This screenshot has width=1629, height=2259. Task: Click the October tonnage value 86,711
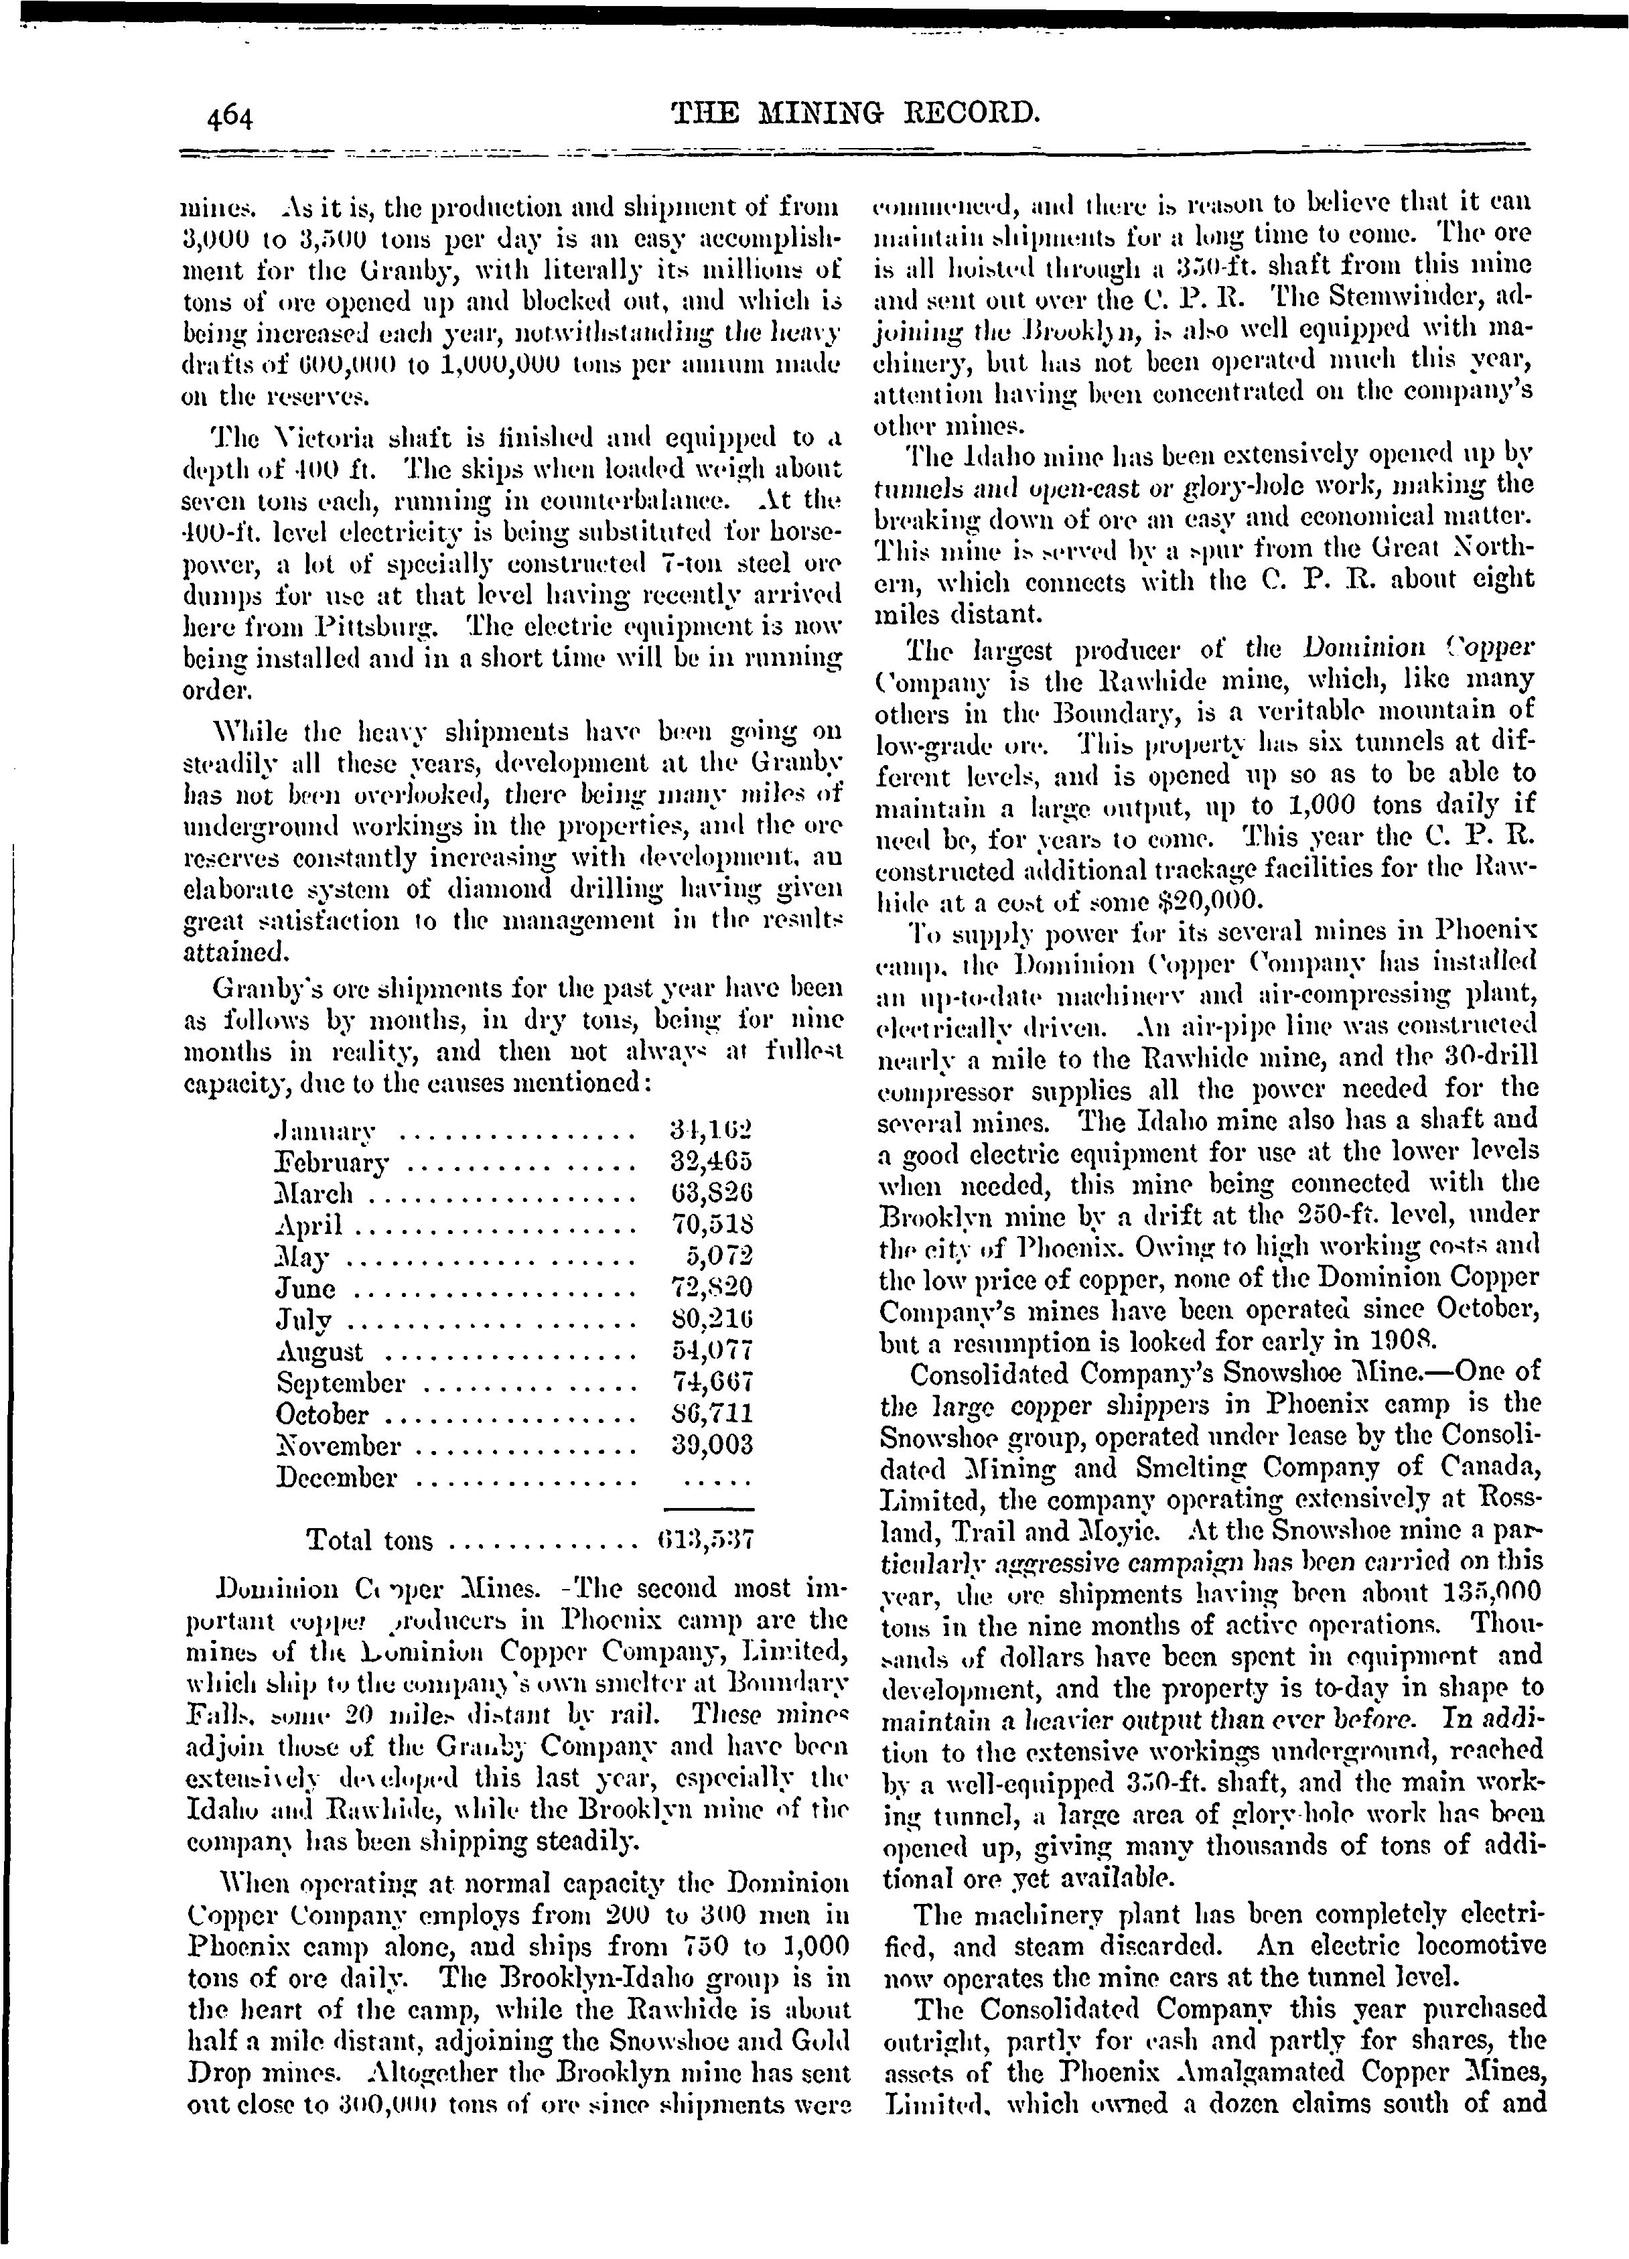(x=712, y=1414)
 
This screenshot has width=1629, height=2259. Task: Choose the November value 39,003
(x=712, y=1445)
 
